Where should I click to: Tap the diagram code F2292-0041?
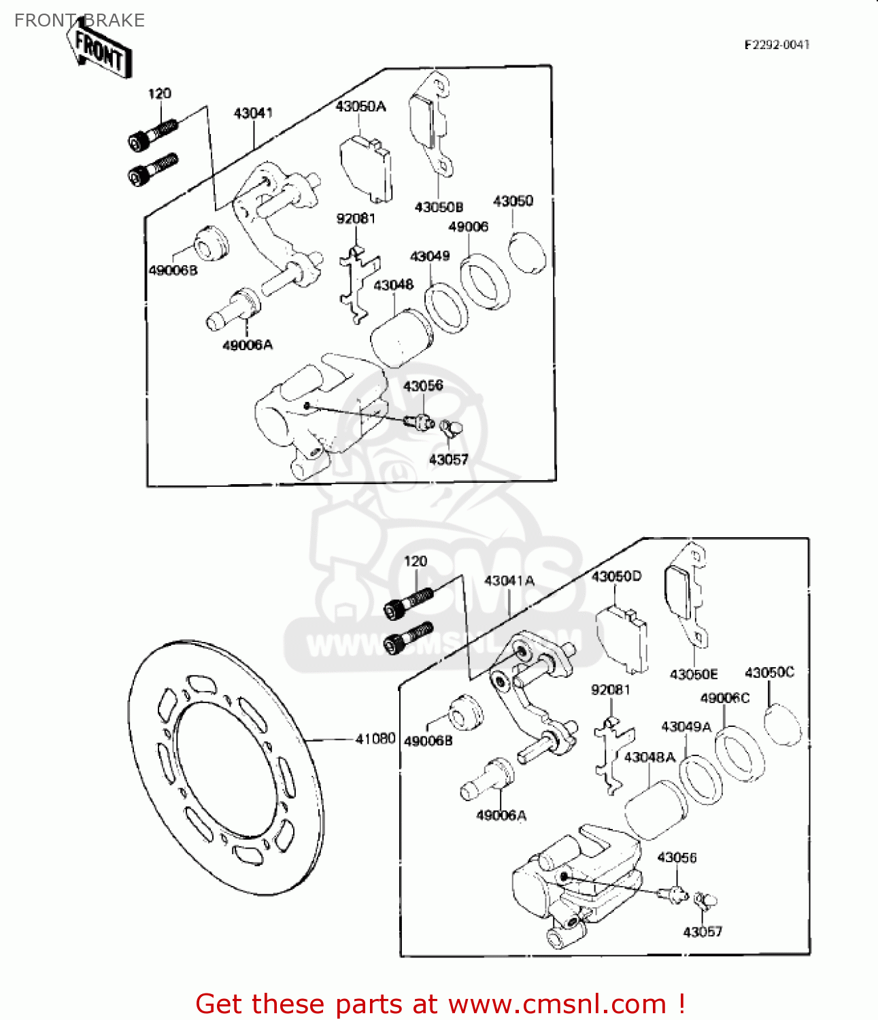point(777,45)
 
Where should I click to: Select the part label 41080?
point(375,738)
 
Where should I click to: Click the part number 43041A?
point(509,581)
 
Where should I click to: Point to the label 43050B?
point(439,207)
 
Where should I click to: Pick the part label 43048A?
point(649,757)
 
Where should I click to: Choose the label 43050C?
point(769,673)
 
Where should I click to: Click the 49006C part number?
point(724,698)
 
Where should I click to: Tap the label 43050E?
point(693,674)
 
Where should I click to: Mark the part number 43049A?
point(686,726)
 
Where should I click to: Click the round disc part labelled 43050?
point(528,253)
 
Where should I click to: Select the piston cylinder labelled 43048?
point(400,337)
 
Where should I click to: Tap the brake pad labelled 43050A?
point(366,169)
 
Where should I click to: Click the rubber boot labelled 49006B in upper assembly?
point(212,242)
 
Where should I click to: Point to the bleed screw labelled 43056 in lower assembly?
point(676,895)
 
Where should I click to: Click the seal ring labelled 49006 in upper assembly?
point(485,282)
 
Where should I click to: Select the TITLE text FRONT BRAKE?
point(80,20)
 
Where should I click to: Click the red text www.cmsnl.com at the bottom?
point(557,1004)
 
